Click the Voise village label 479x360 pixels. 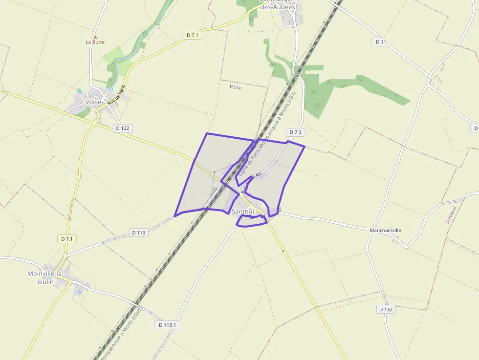(93, 102)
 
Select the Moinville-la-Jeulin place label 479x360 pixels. (45, 277)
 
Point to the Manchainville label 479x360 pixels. (386, 230)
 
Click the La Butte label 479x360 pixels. (95, 42)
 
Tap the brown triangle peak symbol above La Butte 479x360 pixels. (95, 37)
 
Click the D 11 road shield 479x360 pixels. (381, 42)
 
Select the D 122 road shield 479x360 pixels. (122, 128)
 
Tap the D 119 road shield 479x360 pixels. (139, 233)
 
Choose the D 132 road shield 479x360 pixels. (386, 309)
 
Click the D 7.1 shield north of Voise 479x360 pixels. (194, 35)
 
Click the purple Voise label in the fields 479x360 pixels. (236, 87)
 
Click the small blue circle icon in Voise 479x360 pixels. (111, 89)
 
